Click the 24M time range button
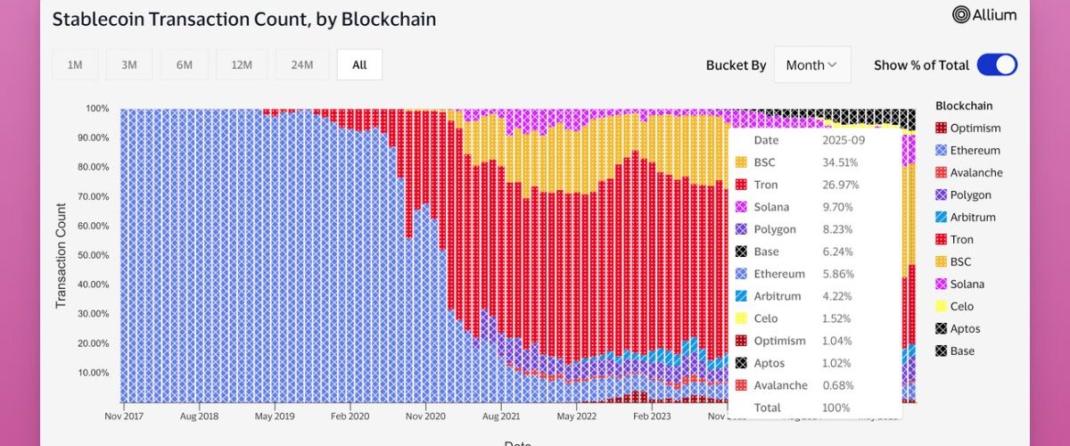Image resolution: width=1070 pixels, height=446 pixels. pyautogui.click(x=302, y=65)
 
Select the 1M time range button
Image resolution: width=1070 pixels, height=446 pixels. pyautogui.click(x=75, y=65)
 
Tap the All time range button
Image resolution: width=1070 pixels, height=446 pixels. pyautogui.click(x=359, y=65)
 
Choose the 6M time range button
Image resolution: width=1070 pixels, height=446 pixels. pyautogui.click(x=185, y=65)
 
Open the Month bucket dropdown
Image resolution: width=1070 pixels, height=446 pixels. pyautogui.click(x=811, y=65)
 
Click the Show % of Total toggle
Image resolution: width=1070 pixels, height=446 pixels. pyautogui.click(x=996, y=65)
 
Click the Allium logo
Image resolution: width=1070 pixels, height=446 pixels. pyautogui.click(x=985, y=14)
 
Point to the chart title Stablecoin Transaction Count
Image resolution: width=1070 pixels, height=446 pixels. pyautogui.click(x=243, y=19)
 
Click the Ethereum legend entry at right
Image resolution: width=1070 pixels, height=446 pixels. pyautogui.click(x=975, y=151)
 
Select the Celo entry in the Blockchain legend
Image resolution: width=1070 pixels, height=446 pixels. pyautogui.click(x=961, y=307)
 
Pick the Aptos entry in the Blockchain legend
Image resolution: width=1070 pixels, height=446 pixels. pyautogui.click(x=965, y=329)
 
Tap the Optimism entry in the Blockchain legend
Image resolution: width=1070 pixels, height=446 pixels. pyautogui.click(x=975, y=128)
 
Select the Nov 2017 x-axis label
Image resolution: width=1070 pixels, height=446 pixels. pyautogui.click(x=124, y=416)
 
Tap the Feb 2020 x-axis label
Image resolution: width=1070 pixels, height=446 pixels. pyautogui.click(x=349, y=416)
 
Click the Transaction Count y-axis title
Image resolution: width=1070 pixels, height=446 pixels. pyautogui.click(x=61, y=256)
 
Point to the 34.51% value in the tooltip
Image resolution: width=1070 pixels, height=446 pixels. pyautogui.click(x=839, y=162)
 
